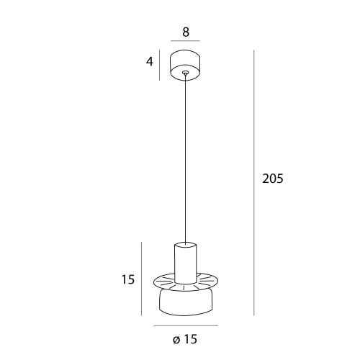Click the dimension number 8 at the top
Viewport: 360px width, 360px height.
(x=186, y=32)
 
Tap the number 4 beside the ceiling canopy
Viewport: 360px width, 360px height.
(x=150, y=62)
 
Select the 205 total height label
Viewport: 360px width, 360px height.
(x=273, y=179)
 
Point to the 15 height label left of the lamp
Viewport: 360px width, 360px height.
(x=128, y=279)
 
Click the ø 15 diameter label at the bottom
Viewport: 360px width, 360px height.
(x=185, y=339)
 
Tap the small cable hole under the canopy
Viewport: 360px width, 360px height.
(x=185, y=72)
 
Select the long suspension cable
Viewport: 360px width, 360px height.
(x=185, y=158)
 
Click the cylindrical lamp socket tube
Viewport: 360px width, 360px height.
(x=186, y=263)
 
